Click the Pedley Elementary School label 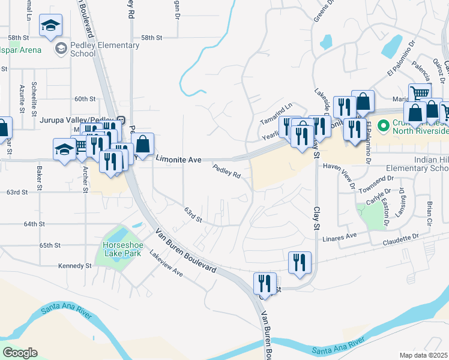pos(75,48)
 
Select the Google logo pos(20,353)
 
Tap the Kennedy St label pos(74,265)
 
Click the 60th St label pos(85,99)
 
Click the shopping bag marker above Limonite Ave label pos(143,144)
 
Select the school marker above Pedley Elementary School pos(50,25)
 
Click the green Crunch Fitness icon pos(380,125)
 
